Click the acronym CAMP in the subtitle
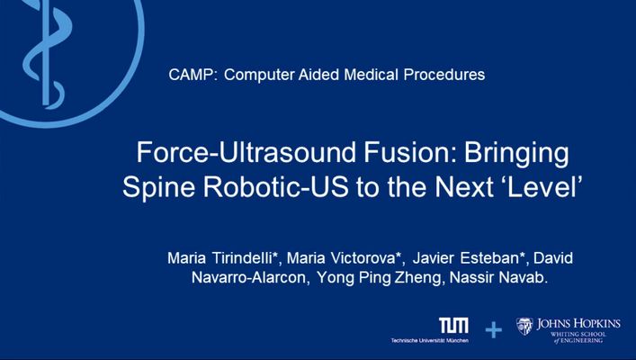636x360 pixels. [x=190, y=75]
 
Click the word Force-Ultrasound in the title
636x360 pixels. [x=246, y=153]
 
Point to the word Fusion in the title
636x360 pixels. [x=408, y=153]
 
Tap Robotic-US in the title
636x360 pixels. [x=275, y=187]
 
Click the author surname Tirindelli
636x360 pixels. [x=246, y=258]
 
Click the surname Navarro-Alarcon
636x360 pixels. [x=250, y=278]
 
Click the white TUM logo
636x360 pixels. [x=453, y=326]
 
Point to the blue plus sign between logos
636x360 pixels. [x=494, y=330]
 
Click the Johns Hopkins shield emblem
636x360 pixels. [x=524, y=326]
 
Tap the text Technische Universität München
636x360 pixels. [x=429, y=340]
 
